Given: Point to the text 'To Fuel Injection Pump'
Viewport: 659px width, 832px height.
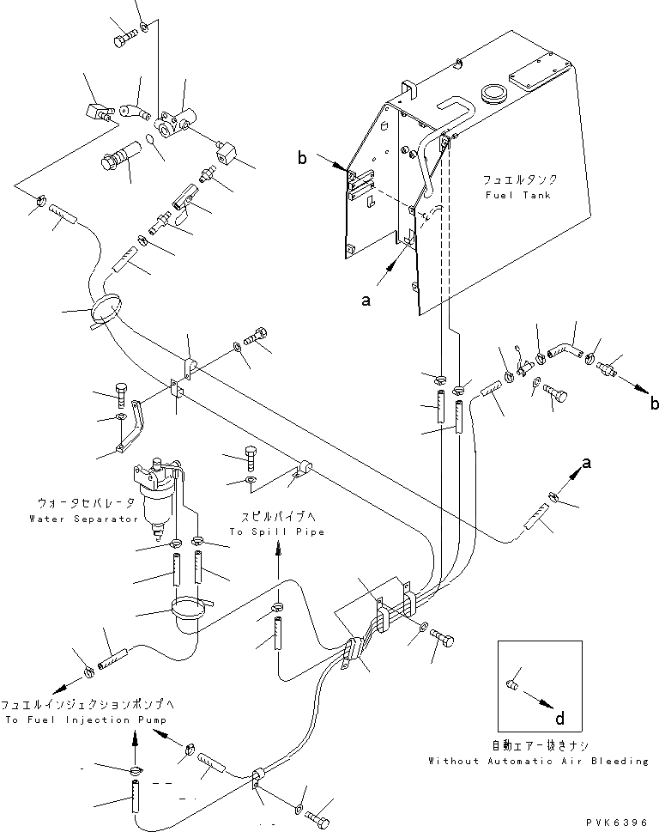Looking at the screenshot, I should point(86,720).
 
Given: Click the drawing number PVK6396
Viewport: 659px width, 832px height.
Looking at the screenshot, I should point(619,822).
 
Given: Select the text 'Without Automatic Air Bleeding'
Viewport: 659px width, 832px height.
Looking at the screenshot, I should point(539,761).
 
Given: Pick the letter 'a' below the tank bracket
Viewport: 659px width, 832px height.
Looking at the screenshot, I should point(367,301).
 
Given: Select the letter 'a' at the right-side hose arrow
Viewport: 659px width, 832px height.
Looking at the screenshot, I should point(587,463).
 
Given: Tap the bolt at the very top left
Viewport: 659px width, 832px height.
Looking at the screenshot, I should point(125,38).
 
